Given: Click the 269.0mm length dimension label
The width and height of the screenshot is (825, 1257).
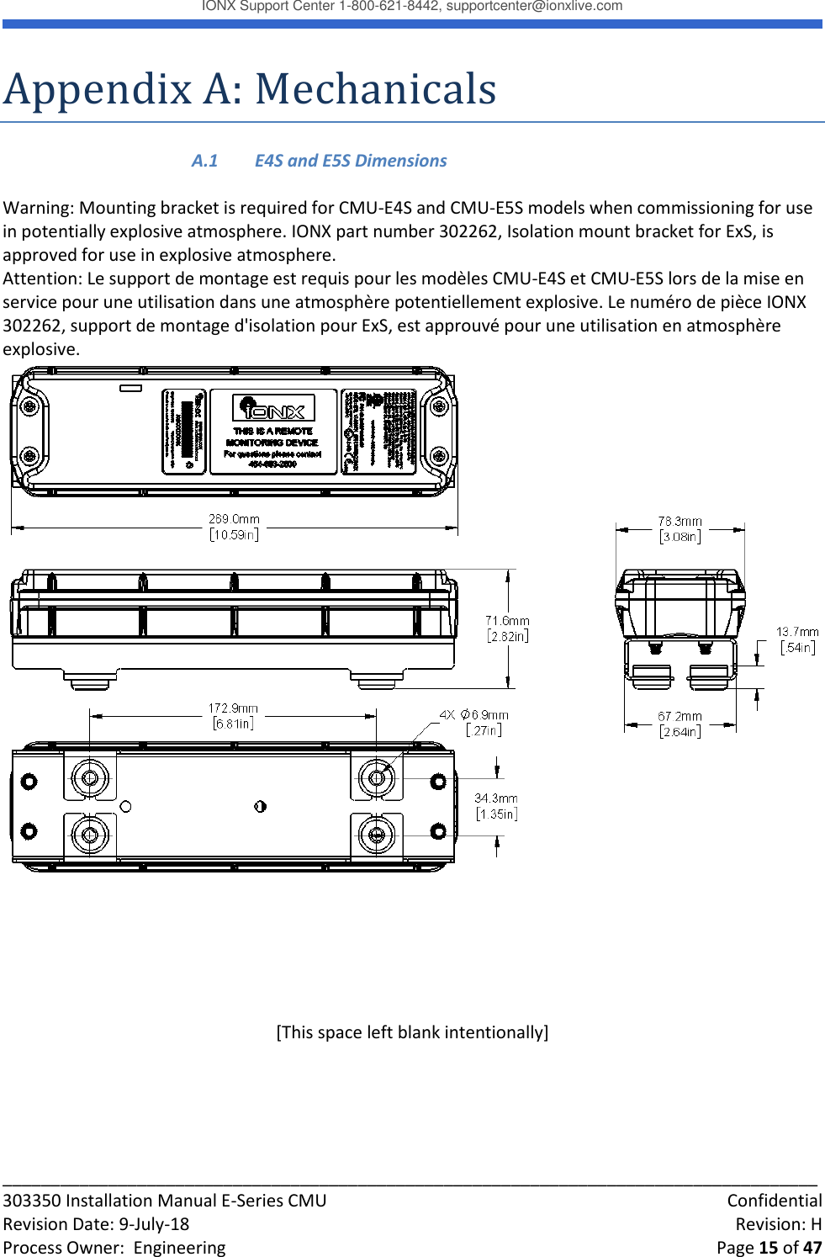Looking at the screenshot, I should click(234, 527).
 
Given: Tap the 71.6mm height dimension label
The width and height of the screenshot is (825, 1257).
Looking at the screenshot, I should click(507, 628).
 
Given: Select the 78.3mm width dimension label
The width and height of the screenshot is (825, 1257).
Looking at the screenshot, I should click(680, 529).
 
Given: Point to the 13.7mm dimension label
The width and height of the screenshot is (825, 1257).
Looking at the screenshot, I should click(797, 639).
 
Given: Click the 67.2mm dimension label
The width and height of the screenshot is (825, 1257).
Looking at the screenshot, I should click(680, 724).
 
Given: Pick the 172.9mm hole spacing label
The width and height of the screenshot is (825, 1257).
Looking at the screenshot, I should click(233, 716).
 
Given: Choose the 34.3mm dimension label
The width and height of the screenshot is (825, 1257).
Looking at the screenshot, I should click(496, 805).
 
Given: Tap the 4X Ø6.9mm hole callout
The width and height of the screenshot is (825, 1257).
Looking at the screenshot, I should click(476, 722).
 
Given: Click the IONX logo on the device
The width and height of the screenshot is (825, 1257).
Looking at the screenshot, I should click(273, 409).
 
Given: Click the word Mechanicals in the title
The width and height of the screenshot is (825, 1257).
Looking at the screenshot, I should click(375, 89).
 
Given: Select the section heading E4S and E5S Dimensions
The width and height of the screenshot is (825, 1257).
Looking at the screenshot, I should click(351, 161).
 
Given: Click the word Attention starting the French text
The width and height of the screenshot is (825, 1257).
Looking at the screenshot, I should click(41, 278).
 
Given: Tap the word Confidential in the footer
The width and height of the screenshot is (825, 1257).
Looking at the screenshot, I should click(774, 1201).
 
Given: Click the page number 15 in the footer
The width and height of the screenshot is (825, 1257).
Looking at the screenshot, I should click(769, 1248).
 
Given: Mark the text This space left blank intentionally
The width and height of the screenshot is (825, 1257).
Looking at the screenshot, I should click(412, 1032).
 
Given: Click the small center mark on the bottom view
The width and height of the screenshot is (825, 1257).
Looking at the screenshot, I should click(261, 806).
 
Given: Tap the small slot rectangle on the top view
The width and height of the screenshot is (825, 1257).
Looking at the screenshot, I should click(130, 388).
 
